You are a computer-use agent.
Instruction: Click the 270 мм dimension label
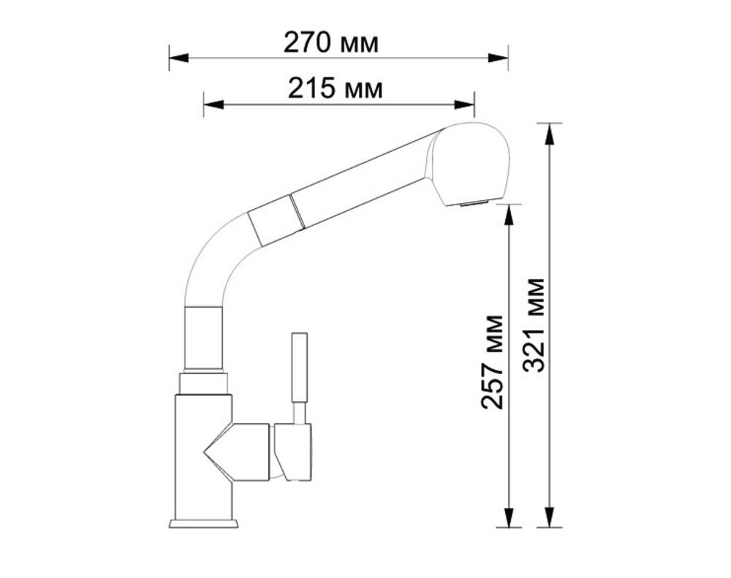[x=331, y=43]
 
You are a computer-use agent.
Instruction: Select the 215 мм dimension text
[x=336, y=88]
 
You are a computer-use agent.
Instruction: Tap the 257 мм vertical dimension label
[x=493, y=362]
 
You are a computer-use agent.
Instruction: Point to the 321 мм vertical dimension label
[x=534, y=325]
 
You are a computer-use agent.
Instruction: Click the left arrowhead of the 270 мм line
[x=178, y=58]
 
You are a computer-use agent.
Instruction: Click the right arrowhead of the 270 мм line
[x=498, y=58]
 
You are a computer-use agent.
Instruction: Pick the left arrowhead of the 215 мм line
[x=213, y=105]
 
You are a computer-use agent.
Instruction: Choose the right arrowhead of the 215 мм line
[x=464, y=105]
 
